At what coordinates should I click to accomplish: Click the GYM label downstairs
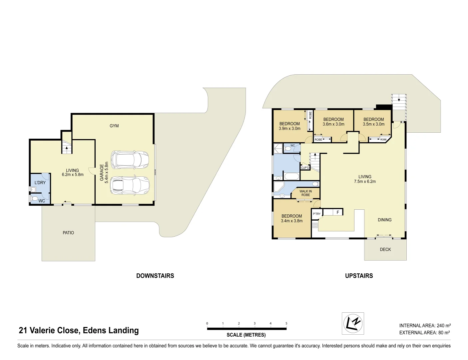[x=114, y=126]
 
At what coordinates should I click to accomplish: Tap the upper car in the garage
[x=130, y=160]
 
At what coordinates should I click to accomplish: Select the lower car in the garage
[x=130, y=185]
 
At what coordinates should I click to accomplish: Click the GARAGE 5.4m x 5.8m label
[x=104, y=172]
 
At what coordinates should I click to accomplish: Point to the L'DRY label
[x=40, y=183]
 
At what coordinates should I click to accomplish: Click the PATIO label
[x=68, y=233]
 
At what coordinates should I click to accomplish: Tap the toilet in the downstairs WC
[x=34, y=199]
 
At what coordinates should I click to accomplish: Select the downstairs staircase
[x=67, y=147]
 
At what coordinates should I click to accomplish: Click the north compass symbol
[x=353, y=323]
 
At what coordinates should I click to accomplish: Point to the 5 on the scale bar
[x=286, y=323]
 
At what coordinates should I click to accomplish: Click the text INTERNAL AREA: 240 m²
[x=425, y=325]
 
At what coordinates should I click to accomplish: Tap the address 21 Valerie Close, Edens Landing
[x=79, y=330]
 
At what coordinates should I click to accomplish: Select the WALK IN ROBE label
[x=305, y=193]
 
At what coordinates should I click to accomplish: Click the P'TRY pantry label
[x=316, y=214]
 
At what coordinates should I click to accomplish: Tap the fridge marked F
[x=338, y=212]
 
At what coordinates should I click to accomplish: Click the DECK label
[x=385, y=249]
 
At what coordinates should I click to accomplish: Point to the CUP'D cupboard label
[x=305, y=168]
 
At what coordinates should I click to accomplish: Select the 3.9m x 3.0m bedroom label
[x=289, y=126]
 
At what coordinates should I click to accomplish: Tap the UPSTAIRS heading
[x=359, y=276]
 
